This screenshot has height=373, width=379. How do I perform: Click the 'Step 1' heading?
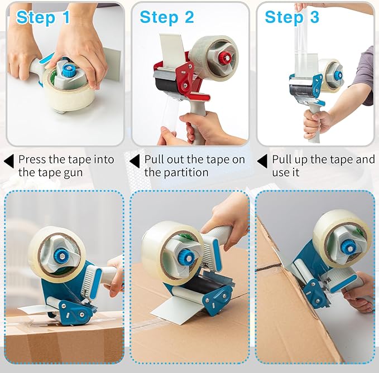(x=43, y=17)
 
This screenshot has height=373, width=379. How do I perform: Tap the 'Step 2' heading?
(x=167, y=17)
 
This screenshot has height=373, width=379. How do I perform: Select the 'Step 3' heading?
(x=292, y=17)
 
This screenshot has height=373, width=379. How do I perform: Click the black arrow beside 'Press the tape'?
(x=8, y=161)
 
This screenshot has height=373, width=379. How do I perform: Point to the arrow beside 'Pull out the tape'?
(x=134, y=161)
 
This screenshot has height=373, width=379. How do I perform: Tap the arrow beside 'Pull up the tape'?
(x=262, y=161)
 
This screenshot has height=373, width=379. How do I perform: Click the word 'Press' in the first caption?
(x=33, y=159)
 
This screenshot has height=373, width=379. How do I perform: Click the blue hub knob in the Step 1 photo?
(x=68, y=71)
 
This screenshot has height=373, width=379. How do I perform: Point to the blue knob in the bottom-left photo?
(x=60, y=256)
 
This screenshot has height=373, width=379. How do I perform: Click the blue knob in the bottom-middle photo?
(x=186, y=257)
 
